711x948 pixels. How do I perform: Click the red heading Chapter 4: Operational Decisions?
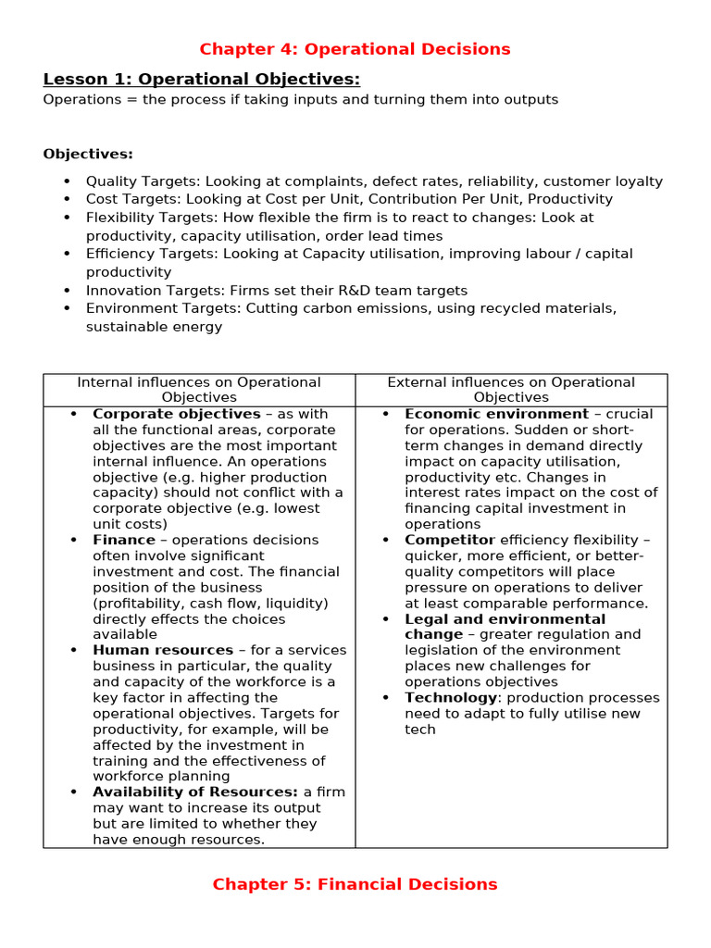point(355,49)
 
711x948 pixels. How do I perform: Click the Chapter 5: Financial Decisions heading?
point(355,884)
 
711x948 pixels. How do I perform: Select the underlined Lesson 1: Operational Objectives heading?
point(201,79)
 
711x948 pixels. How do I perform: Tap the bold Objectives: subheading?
point(88,154)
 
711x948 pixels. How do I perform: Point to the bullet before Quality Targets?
point(66,181)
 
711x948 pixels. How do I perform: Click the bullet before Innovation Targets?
point(66,291)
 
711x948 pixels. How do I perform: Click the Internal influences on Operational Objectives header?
point(199,390)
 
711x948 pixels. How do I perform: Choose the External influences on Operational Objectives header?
point(511,390)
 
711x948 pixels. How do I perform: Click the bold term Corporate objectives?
point(176,414)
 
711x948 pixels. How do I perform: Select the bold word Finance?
point(124,540)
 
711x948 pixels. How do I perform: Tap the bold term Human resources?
point(163,650)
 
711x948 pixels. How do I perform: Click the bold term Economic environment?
point(496,414)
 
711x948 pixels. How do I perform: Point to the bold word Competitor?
point(450,540)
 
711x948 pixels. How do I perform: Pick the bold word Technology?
point(451,697)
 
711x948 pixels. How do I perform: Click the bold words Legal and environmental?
point(505,618)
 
